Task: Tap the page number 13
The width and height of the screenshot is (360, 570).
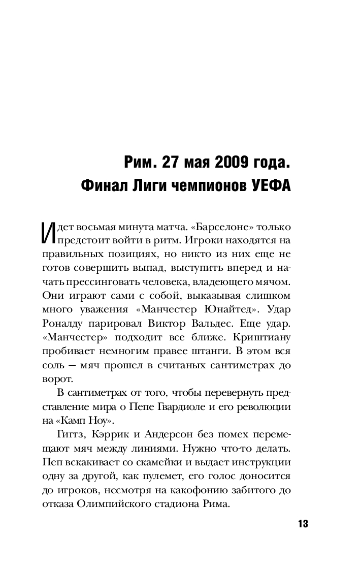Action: coord(303,524)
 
